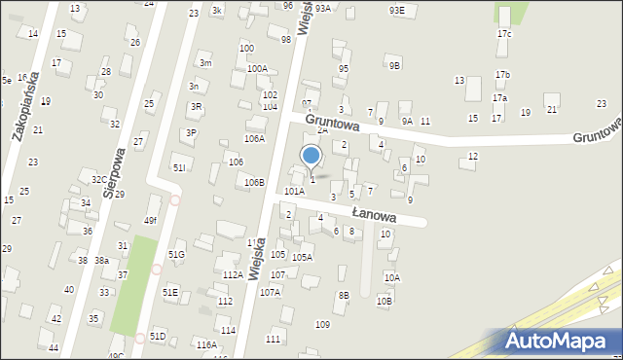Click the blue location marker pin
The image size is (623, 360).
coord(311,156)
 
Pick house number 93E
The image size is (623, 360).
coord(396,10)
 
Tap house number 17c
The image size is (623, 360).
coord(503,34)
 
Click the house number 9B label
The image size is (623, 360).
coord(394,66)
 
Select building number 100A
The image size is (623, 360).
coord(257,69)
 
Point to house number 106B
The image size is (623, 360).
coord(254,182)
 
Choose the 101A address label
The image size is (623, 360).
coord(294,192)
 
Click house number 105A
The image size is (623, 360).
coord(302,257)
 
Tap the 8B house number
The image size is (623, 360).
coord(343,295)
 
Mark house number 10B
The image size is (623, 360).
coord(385,301)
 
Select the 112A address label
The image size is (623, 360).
coord(233,275)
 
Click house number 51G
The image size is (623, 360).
coord(176,254)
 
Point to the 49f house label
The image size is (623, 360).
coord(151,221)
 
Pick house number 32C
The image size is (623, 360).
coord(99,180)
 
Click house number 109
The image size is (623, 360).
coord(322,324)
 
